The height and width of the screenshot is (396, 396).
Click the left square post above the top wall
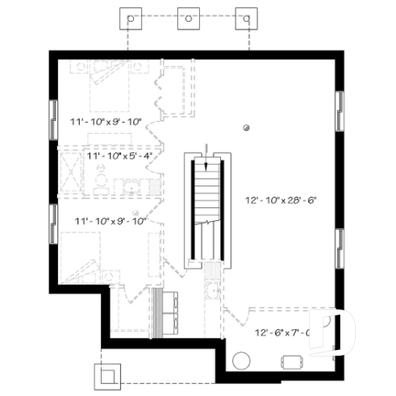pos(129,18)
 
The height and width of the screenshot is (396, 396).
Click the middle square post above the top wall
pos(187,18)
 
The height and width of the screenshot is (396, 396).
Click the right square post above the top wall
pos(245,18)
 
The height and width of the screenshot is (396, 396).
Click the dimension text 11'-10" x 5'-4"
pos(119,155)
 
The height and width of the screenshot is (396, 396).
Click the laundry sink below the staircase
pos(213,292)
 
